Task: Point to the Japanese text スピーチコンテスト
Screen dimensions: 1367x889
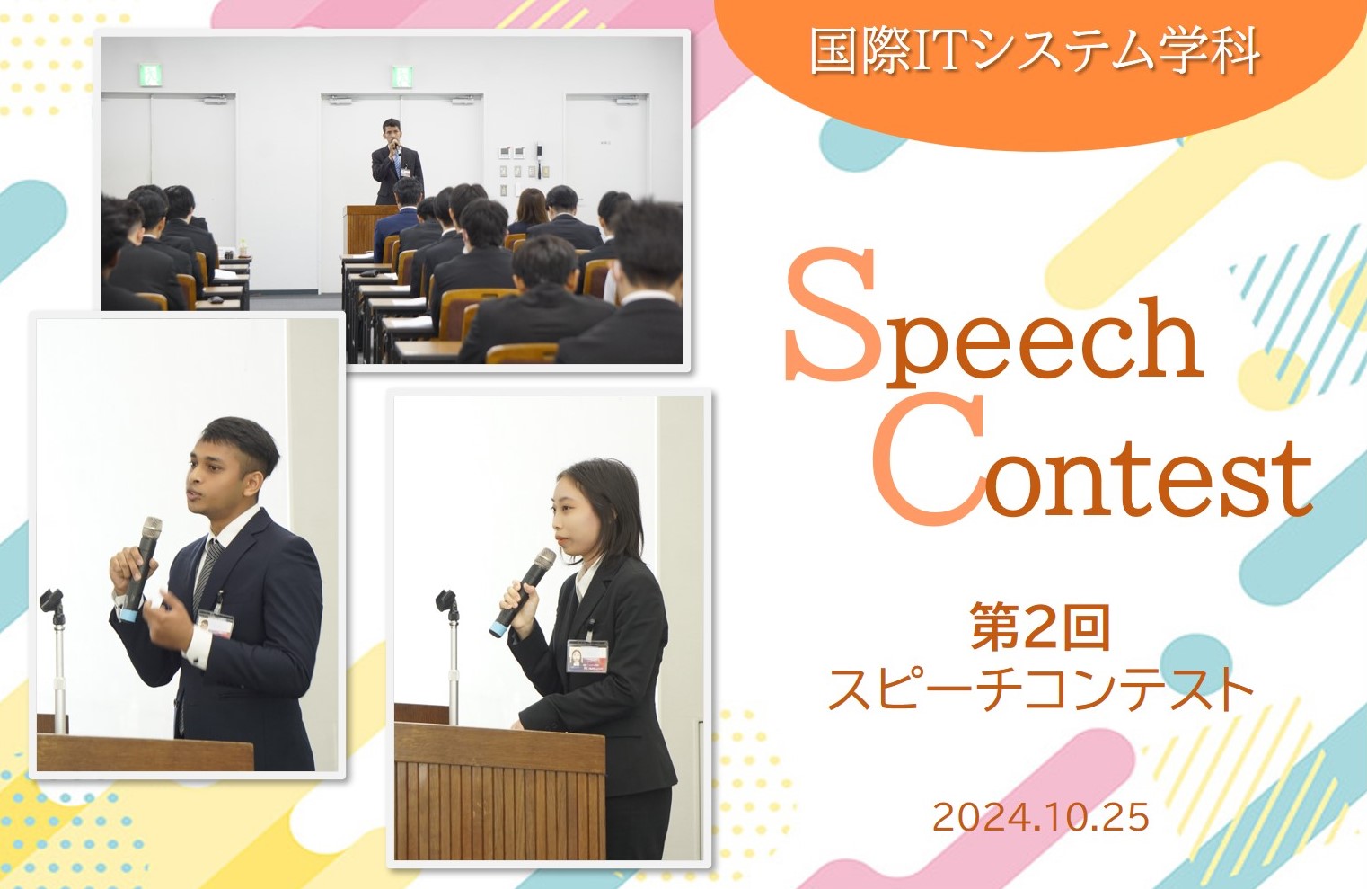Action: pyautogui.click(x=1040, y=690)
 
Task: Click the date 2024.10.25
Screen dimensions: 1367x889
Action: pyautogui.click(x=1040, y=817)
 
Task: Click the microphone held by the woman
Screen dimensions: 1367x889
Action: pyautogui.click(x=522, y=592)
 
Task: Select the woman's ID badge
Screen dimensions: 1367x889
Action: pyautogui.click(x=587, y=656)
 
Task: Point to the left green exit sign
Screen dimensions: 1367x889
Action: pyautogui.click(x=148, y=76)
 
